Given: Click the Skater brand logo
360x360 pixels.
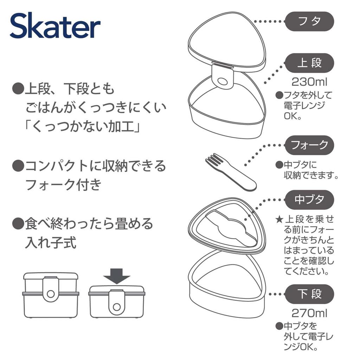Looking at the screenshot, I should tap(55, 26).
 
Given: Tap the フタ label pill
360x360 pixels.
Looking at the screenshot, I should tap(309, 21).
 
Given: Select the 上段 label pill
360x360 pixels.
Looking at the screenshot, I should tap(309, 63).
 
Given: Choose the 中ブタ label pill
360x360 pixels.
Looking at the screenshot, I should tap(309, 200).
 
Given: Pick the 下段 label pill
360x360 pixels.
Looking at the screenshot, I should tap(309, 294).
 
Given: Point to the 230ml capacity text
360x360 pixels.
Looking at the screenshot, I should tap(309, 82).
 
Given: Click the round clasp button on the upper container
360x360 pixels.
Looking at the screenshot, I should tap(223, 82).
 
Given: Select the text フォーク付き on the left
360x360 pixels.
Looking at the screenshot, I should tap(63, 185).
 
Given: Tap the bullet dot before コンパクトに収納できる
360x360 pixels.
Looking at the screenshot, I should tap(17, 166).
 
